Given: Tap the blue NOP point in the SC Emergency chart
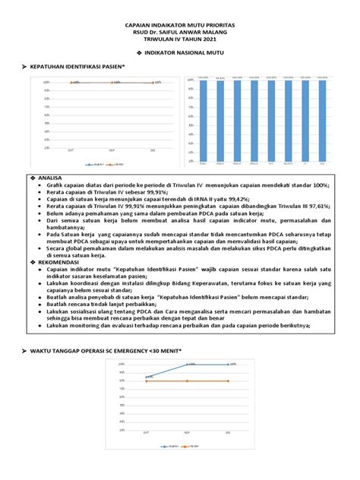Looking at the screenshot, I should coord(188,365).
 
